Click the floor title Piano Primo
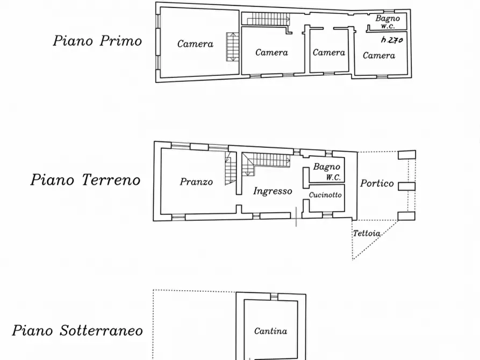97,41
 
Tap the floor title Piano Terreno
85,179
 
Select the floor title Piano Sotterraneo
78,330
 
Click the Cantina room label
270,332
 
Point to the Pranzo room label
196,182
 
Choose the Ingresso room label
273,191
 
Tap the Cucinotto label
325,195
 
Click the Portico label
377,183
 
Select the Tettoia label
367,234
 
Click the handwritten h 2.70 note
391,40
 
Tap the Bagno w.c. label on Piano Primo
388,22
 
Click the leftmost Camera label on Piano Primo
195,44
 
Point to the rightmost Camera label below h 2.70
379,55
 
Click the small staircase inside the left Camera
232,47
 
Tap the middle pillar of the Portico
407,186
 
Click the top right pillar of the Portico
407,155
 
